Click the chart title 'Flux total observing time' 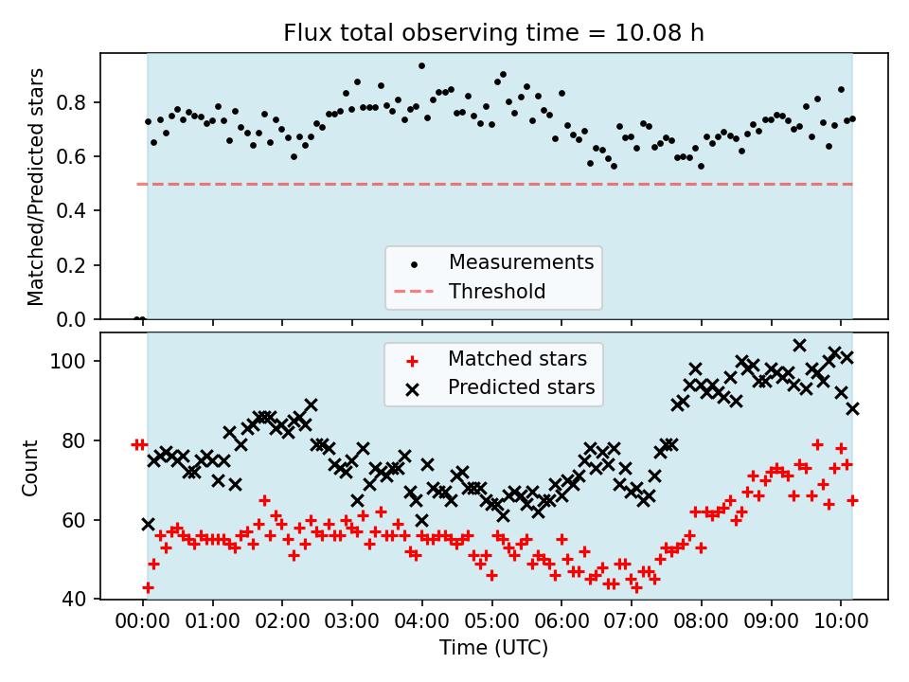coord(493,33)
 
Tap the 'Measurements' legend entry coord(521,261)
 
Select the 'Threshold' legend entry coord(497,291)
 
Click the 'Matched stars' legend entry coord(517,359)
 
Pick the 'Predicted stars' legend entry coord(521,387)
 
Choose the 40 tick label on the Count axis coord(79,599)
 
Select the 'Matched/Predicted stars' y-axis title coord(37,187)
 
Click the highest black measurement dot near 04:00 coord(421,66)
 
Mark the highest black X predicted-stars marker coord(799,345)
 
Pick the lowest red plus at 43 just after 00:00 coord(148,587)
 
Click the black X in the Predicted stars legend coord(412,387)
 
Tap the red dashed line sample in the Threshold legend coord(412,292)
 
